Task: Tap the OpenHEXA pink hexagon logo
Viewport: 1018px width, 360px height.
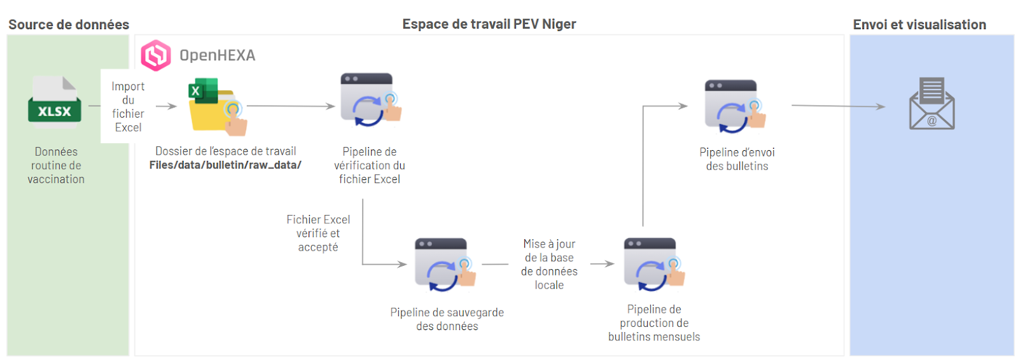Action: (x=156, y=55)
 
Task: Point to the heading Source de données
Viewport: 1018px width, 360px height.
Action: (x=69, y=25)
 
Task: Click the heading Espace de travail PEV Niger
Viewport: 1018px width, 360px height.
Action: (x=489, y=24)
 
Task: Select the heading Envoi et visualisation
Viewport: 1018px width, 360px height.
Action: (x=919, y=25)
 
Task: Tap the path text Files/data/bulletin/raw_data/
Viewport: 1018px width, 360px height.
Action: (x=225, y=165)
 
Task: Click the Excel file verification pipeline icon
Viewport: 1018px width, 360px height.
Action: (x=370, y=100)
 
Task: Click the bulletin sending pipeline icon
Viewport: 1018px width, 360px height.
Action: (x=735, y=106)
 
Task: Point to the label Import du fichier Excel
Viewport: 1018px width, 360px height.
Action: (x=128, y=107)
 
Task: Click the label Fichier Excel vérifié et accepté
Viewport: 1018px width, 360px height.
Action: (x=318, y=233)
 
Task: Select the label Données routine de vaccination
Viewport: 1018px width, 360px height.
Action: (x=56, y=165)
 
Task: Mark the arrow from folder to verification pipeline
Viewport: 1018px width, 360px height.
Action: (x=291, y=106)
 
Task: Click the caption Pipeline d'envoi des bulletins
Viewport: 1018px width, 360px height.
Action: (x=737, y=159)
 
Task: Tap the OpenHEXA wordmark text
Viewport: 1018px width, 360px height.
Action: (x=217, y=55)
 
